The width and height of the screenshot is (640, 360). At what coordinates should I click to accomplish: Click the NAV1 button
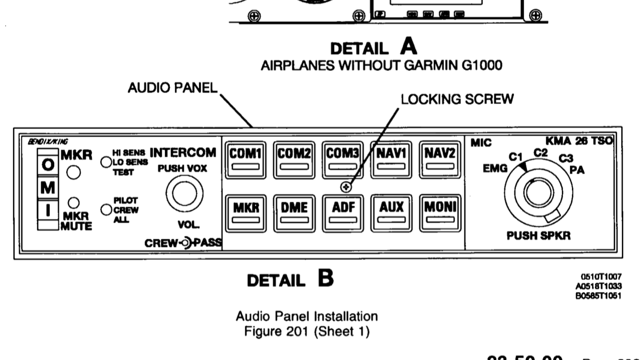pos(391,159)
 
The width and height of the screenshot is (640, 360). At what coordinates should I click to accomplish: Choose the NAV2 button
pos(439,159)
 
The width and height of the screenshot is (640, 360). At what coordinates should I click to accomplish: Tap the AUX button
pos(391,212)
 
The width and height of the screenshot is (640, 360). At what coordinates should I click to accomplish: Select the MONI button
pos(439,212)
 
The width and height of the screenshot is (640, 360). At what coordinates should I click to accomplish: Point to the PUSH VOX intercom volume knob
pos(181,193)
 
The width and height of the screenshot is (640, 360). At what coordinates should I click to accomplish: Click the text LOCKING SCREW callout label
pos(457,99)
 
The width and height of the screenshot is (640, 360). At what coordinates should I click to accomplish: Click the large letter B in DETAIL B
pos(324,278)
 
